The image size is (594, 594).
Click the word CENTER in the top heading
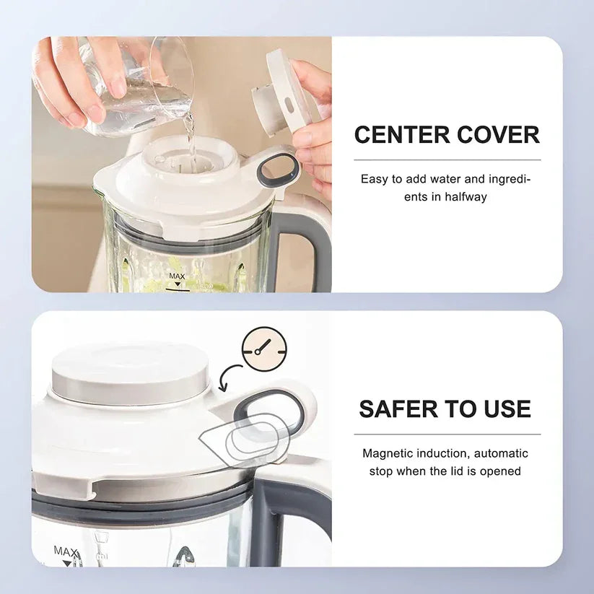click(398, 135)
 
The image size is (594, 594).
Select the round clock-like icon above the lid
click(264, 349)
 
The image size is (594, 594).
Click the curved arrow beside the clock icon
click(231, 376)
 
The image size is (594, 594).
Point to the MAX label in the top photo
click(177, 276)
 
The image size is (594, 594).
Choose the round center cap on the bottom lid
click(131, 372)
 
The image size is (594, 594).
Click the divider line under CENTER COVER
click(447, 160)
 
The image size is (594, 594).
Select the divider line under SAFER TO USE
click(447, 434)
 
